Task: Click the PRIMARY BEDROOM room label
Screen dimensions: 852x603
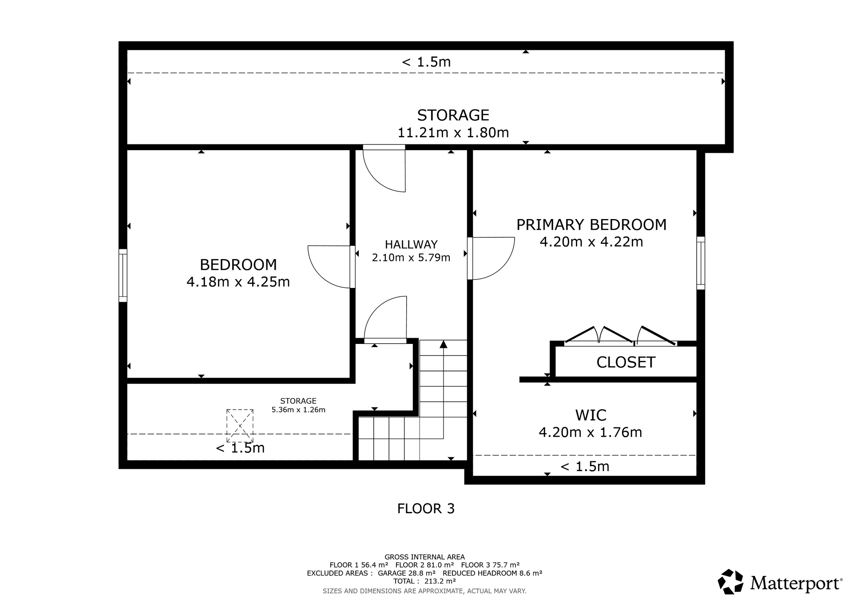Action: (x=591, y=225)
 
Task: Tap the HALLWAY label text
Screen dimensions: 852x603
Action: (x=411, y=244)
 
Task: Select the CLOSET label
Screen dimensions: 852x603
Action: (x=626, y=363)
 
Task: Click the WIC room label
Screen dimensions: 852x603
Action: (x=590, y=415)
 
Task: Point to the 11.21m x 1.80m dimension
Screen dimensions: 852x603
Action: (x=453, y=132)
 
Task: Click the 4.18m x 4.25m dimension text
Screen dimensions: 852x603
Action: (x=238, y=282)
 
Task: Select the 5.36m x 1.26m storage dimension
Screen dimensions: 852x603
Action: (x=298, y=410)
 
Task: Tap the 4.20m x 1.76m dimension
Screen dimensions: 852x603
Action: (x=590, y=432)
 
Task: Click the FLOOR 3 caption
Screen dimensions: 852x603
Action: (x=426, y=508)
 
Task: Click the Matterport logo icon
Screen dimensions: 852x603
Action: (x=730, y=582)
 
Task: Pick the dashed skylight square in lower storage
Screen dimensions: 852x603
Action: (x=240, y=425)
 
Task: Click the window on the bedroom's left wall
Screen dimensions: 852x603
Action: (x=123, y=276)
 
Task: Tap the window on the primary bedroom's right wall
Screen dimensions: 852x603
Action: (x=701, y=263)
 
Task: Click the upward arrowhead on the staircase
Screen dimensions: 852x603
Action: (x=443, y=344)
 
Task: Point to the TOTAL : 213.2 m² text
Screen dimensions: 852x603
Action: (x=424, y=581)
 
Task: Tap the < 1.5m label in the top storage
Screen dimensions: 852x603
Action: (x=426, y=62)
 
